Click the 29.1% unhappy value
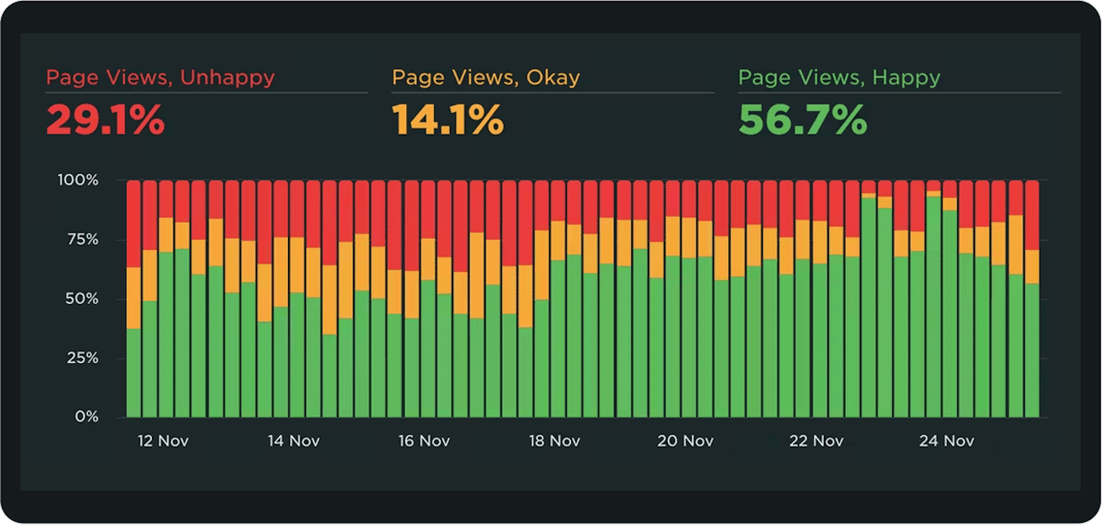tap(105, 120)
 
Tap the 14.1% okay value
tap(447, 120)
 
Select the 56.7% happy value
tap(802, 120)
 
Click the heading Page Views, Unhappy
tap(160, 77)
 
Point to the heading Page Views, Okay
tap(485, 77)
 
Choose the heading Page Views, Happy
tap(839, 77)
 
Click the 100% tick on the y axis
tap(78, 180)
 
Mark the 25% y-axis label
tap(82, 358)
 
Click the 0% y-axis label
tap(87, 416)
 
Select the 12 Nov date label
tap(163, 441)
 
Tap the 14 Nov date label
tap(294, 441)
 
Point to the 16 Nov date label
tap(424, 441)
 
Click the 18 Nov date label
tap(554, 441)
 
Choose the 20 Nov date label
tap(685, 441)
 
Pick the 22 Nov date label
tap(816, 441)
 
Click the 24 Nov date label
tap(946, 441)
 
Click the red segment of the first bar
tap(134, 223)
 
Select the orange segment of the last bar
tap(1032, 267)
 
